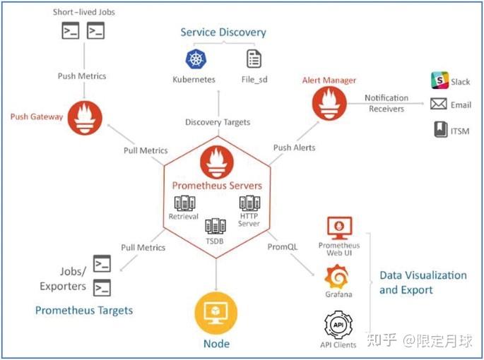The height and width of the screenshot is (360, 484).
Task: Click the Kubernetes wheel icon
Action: [194, 59]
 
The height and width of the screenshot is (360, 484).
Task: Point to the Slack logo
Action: [439, 80]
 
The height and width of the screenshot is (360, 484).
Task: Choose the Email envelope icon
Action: [439, 104]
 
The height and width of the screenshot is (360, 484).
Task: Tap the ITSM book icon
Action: [439, 129]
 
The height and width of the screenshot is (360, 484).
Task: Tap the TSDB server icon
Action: [216, 227]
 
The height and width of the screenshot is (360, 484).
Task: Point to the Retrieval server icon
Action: [184, 203]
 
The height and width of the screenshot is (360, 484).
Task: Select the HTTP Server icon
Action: [249, 203]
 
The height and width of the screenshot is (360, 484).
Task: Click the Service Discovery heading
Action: [223, 32]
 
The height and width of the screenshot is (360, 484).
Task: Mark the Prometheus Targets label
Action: [84, 310]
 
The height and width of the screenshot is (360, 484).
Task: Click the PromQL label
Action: [283, 247]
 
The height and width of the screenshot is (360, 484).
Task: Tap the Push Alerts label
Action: [294, 148]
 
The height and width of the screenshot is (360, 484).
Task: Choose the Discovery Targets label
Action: [218, 122]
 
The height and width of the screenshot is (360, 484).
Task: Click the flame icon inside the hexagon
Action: [217, 162]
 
